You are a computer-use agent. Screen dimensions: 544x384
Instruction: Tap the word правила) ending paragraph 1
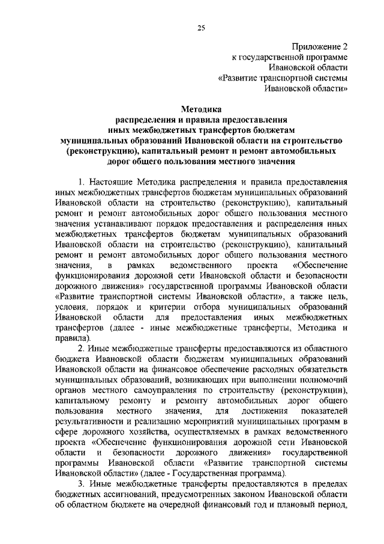point(71,339)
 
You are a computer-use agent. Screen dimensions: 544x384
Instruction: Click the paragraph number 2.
point(82,349)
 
